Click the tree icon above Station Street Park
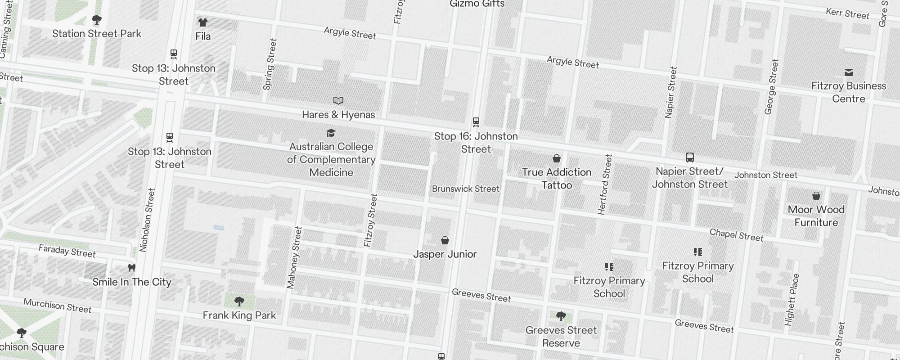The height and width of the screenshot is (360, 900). point(96,20)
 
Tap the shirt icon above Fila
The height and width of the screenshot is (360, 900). point(202,22)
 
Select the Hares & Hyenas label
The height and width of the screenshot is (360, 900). point(338,115)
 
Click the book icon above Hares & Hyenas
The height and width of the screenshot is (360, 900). point(338,100)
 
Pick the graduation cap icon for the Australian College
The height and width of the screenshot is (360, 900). point(331,133)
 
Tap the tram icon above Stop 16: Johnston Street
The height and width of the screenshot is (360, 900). point(476,122)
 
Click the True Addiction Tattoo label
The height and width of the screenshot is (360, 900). point(557,179)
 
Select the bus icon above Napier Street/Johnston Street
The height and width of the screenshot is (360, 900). point(689,157)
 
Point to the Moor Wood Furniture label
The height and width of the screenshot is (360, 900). point(816,216)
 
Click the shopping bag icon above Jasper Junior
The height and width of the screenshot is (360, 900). point(445,240)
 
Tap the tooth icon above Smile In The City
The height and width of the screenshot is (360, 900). point(132,268)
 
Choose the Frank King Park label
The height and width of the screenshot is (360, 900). point(239,315)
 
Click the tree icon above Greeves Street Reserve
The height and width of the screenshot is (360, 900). point(561,317)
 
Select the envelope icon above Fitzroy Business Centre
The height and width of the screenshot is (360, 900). point(849,72)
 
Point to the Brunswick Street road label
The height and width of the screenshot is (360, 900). point(466,189)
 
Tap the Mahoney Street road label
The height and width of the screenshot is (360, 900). point(294,257)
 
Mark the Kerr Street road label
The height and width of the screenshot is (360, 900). point(848,14)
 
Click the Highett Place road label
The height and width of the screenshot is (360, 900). point(792,300)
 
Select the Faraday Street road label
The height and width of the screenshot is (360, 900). point(67,251)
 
